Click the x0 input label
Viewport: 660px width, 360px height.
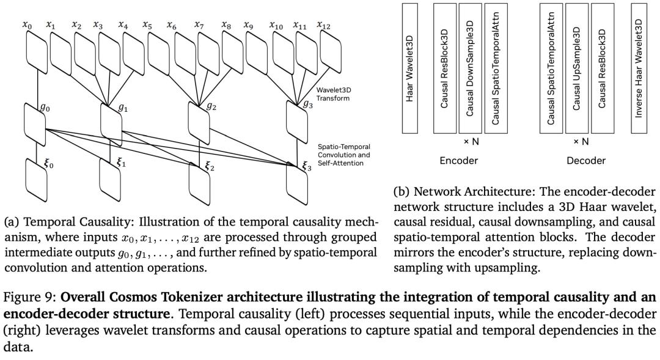[x=27, y=25]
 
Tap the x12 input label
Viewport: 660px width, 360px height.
[x=323, y=25]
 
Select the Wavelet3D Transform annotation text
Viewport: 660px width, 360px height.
[x=332, y=94]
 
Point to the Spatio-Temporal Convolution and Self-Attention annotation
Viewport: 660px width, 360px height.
[x=343, y=155]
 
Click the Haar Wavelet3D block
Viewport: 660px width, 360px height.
[x=409, y=68]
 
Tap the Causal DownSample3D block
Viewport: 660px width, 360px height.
[x=470, y=68]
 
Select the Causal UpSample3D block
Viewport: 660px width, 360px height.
[x=576, y=68]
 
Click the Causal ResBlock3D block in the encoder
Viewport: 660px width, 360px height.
[x=444, y=68]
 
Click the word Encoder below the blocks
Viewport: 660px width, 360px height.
[x=458, y=161]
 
